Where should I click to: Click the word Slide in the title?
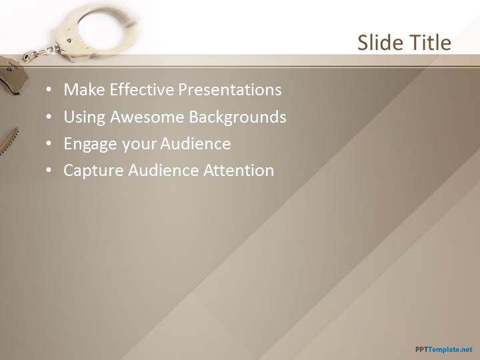[376, 42]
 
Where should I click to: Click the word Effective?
[142, 89]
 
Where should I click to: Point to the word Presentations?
[230, 89]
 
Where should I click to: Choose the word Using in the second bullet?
[85, 117]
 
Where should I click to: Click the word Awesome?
[147, 117]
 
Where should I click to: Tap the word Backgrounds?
[237, 117]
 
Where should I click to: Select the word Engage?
[90, 144]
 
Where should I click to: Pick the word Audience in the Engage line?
[195, 143]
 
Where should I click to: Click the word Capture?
[93, 171]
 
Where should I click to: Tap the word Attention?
[239, 171]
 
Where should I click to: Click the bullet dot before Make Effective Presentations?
[49, 90]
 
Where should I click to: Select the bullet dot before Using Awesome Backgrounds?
[49, 117]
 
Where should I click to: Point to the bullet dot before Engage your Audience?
[49, 144]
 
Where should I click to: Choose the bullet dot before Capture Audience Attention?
[49, 171]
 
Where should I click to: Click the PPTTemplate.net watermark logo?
[444, 349]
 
